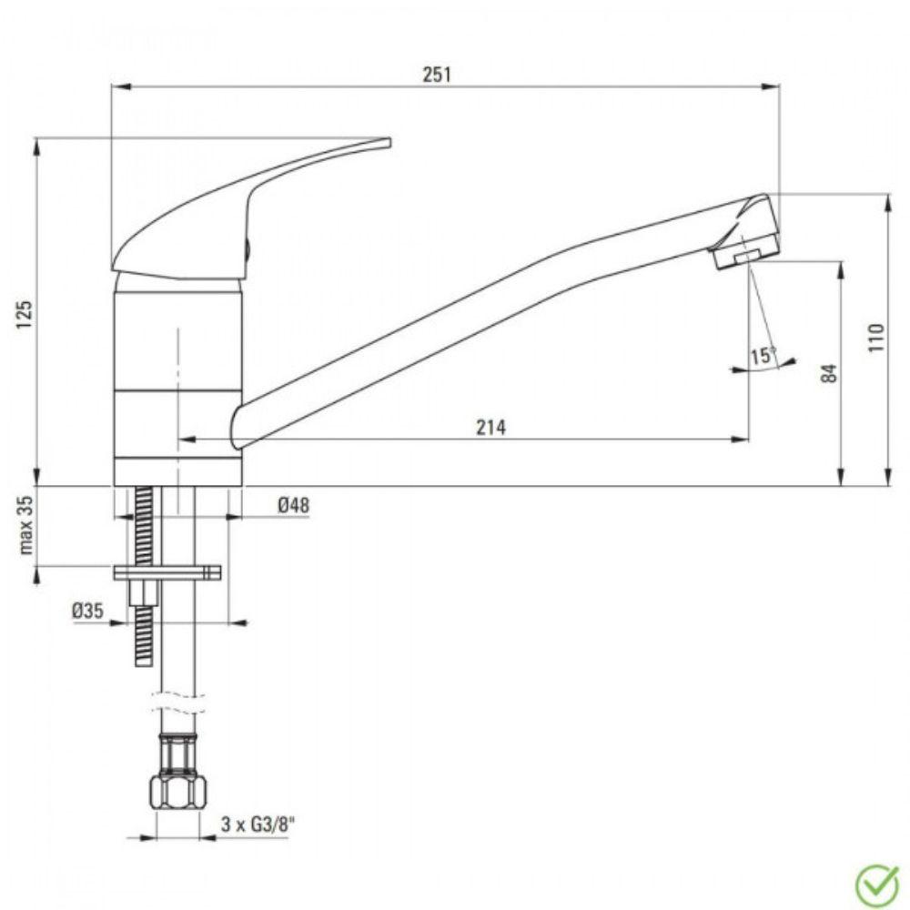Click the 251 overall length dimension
(x=437, y=75)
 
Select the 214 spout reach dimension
(x=491, y=427)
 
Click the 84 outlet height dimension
(x=827, y=372)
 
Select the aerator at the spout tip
(x=746, y=256)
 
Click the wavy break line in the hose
(x=178, y=703)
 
